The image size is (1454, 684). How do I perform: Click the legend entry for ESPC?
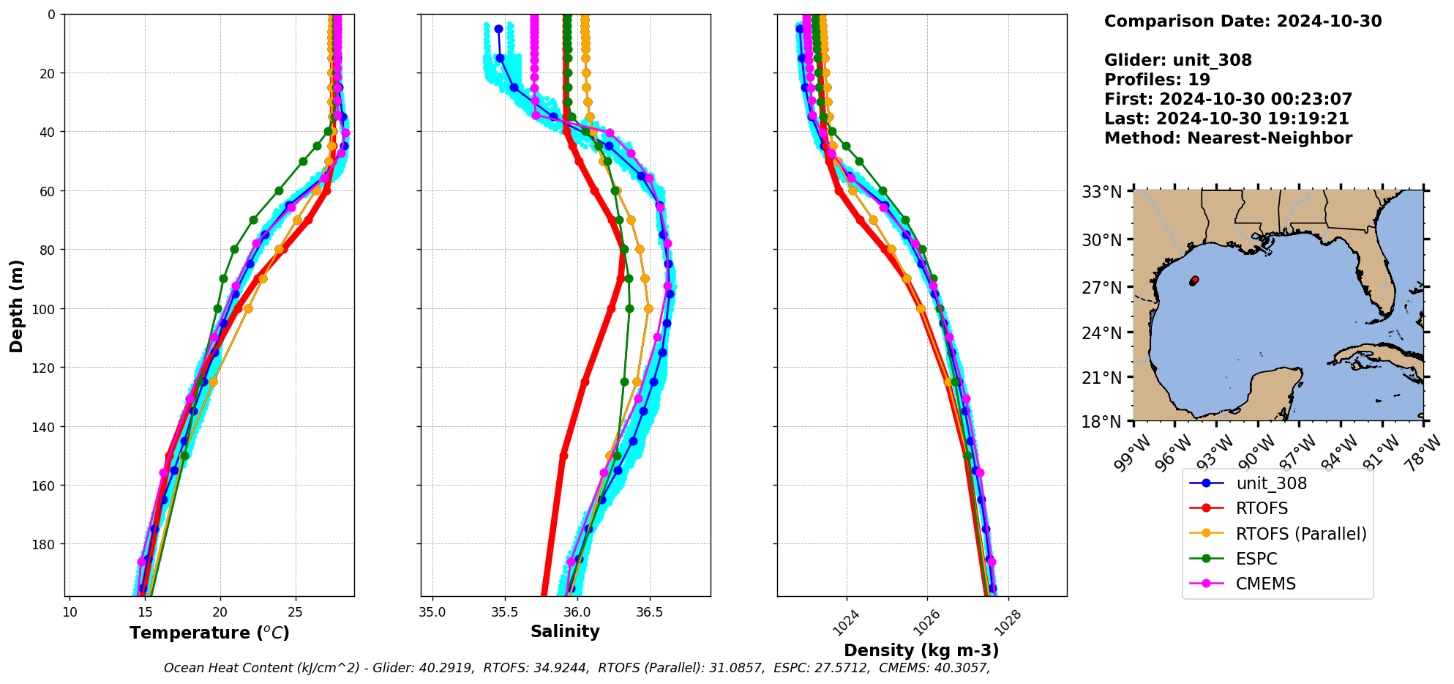(1256, 559)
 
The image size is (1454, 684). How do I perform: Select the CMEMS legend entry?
(1265, 584)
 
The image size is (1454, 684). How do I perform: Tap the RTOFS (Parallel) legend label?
(1300, 534)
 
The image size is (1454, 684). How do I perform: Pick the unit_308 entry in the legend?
(1271, 483)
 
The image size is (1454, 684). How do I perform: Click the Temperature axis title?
(209, 633)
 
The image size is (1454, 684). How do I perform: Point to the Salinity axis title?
(565, 631)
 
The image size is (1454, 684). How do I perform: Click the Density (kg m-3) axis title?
(921, 650)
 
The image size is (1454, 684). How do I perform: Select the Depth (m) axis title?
(16, 305)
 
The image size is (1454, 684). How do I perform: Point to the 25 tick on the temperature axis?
(295, 611)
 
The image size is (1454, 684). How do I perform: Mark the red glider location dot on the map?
(1195, 280)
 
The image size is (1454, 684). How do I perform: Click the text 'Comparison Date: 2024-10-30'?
(1243, 21)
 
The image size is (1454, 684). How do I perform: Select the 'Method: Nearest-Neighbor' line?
(1228, 138)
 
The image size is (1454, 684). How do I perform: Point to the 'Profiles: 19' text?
(1157, 79)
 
